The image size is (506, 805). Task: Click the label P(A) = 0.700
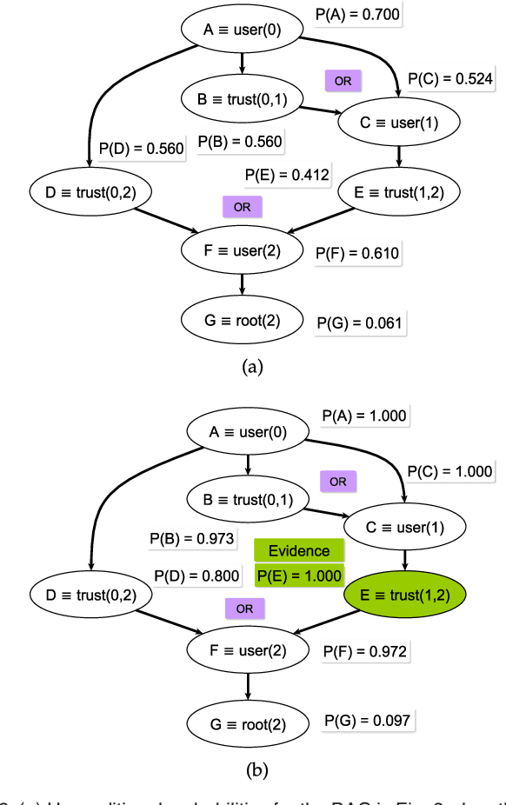358,14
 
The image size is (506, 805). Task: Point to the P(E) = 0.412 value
287,175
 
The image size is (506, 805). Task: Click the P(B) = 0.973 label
191,539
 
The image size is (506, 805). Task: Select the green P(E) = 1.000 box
298,575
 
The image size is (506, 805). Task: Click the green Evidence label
298,551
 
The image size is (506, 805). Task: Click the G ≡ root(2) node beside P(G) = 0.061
242,319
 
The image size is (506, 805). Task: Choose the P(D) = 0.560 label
141,149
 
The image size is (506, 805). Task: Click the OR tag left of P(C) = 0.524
343,81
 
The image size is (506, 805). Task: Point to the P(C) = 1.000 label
451,470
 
